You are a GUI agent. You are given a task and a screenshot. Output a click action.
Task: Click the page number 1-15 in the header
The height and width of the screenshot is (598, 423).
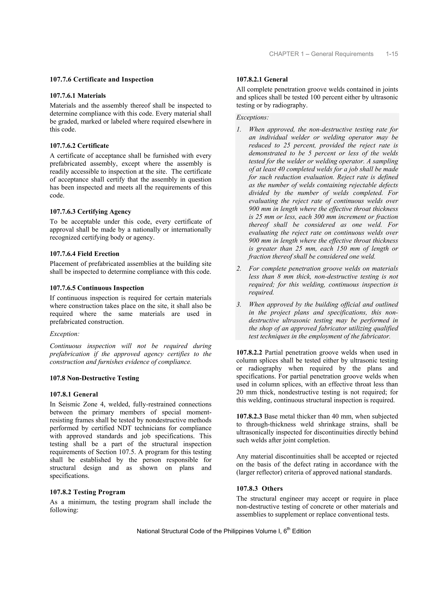pos(392,54)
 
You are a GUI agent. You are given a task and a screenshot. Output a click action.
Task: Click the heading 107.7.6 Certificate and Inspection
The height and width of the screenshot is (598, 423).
pos(101,79)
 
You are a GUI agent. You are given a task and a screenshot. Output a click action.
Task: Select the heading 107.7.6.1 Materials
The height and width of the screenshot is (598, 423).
pos(78,96)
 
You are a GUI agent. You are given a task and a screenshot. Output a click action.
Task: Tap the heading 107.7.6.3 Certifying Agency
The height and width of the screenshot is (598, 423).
pos(90,212)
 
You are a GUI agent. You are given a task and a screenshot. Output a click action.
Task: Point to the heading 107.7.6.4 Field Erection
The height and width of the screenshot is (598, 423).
pos(84,254)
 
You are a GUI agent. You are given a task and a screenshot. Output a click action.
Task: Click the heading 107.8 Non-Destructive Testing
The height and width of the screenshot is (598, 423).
pos(94,378)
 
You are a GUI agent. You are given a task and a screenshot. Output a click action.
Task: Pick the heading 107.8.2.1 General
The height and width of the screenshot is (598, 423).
pos(262,79)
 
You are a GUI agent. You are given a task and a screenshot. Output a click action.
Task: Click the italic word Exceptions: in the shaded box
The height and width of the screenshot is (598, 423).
pos(252,117)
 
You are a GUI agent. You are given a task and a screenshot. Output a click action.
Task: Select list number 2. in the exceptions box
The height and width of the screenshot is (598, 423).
pos(239,269)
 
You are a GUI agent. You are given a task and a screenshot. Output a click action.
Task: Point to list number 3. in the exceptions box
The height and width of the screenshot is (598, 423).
pos(239,304)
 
